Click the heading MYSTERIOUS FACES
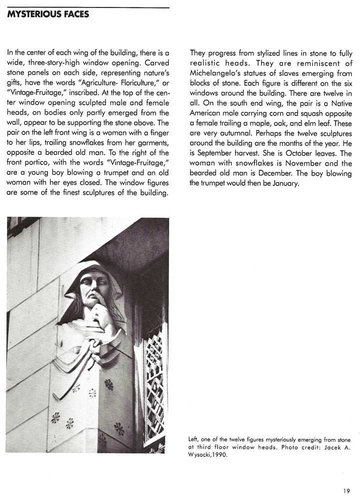(48, 14)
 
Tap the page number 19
(346, 491)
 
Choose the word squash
(306, 114)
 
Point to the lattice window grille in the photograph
(154, 375)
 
